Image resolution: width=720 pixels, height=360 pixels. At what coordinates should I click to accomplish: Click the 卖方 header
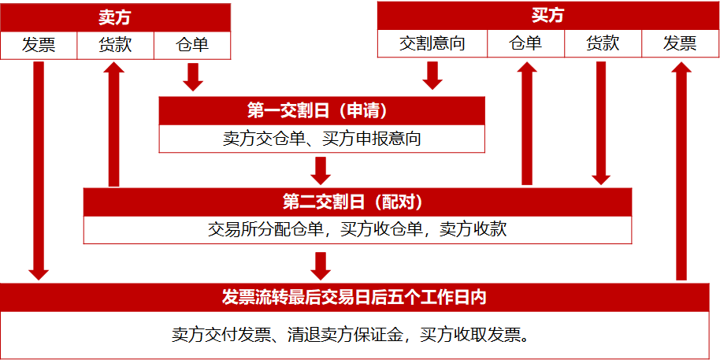click(115, 17)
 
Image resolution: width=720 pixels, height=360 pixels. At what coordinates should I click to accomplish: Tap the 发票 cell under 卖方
click(39, 45)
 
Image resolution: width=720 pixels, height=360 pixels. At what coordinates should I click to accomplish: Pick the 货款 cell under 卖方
click(115, 45)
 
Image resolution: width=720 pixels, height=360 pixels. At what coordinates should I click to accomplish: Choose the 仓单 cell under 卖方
click(192, 45)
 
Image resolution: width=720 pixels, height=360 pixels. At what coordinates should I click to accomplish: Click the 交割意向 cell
click(432, 43)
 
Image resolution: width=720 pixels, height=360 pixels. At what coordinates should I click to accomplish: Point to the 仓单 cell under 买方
click(525, 43)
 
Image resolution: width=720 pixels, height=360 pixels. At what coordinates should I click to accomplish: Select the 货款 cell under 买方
click(603, 43)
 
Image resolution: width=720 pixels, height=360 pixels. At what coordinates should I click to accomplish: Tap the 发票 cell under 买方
click(680, 43)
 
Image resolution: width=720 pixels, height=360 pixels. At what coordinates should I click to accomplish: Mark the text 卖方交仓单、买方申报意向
click(321, 139)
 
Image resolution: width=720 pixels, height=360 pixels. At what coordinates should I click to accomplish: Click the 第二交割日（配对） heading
click(358, 202)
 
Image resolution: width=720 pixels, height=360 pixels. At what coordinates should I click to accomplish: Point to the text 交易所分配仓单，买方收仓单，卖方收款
click(358, 229)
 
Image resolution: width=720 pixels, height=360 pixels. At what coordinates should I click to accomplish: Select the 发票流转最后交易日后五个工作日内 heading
click(359, 297)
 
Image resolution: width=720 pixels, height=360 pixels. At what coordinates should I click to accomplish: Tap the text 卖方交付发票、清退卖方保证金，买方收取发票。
click(359, 335)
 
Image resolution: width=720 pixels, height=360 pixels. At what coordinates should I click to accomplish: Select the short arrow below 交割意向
click(432, 75)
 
